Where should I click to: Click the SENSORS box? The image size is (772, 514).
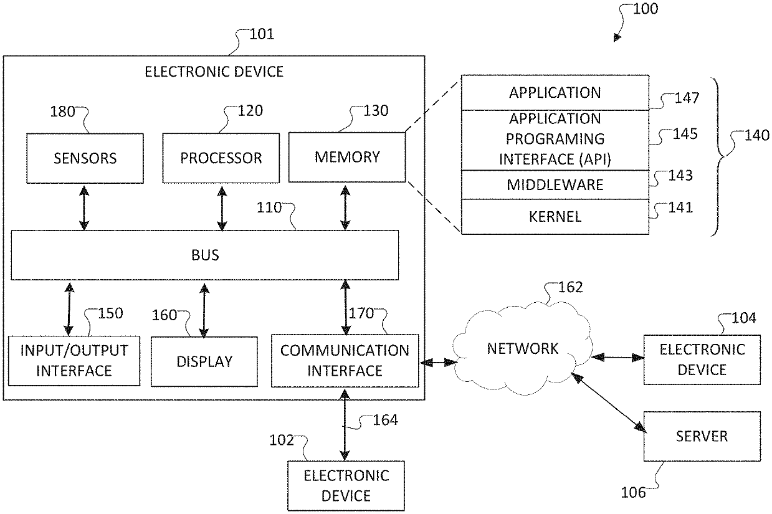(x=85, y=158)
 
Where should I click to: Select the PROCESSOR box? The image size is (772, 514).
(x=221, y=158)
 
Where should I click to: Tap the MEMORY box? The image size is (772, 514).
(x=347, y=157)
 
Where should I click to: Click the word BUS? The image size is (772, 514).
(x=206, y=255)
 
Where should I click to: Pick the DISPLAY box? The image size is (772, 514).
(x=204, y=361)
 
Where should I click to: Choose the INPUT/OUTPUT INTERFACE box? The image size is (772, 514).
(x=74, y=361)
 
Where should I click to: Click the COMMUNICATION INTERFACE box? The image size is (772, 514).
(x=345, y=360)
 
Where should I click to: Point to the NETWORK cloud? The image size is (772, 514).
(x=522, y=348)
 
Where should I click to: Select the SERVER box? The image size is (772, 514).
(x=702, y=436)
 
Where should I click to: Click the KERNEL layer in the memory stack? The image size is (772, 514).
(x=555, y=217)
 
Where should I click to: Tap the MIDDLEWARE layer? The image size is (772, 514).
(x=555, y=184)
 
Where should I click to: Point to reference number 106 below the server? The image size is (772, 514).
(x=633, y=493)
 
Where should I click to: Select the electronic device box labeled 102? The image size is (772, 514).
(x=345, y=486)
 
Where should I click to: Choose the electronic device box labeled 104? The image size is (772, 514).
(x=702, y=359)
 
